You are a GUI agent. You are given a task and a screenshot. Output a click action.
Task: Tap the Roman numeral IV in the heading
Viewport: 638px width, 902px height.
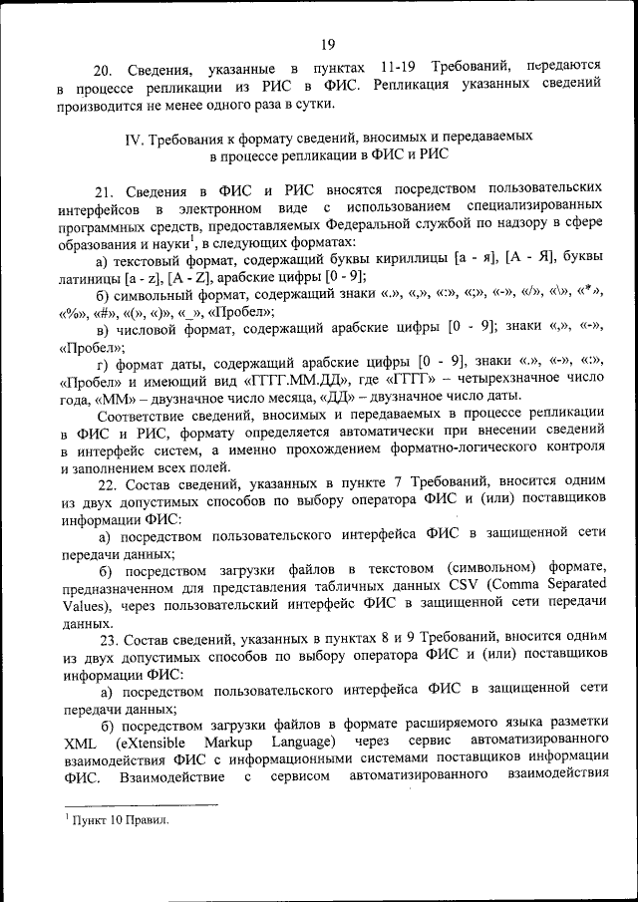pos(135,136)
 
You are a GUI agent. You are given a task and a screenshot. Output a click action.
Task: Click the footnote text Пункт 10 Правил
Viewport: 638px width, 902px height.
pos(119,819)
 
